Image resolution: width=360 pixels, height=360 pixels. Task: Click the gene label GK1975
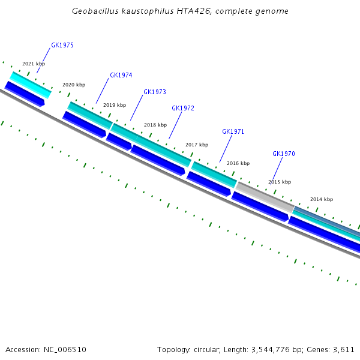62,46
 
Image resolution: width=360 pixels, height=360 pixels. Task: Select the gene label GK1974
121,76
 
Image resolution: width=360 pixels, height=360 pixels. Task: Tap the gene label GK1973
155,92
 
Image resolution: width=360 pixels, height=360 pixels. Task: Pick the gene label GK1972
183,109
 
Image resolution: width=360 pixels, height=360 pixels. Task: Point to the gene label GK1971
233,132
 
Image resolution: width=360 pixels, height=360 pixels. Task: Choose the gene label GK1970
284,154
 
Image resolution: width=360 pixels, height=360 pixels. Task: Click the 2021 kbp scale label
34,64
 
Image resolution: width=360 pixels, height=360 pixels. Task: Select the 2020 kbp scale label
74,85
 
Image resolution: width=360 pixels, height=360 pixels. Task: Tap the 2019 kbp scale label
115,105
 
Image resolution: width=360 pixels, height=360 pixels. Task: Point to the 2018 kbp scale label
155,125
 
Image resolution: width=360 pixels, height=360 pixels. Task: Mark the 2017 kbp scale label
197,145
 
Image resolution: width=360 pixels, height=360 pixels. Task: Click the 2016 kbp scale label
238,163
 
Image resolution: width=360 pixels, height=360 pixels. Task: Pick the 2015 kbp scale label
280,182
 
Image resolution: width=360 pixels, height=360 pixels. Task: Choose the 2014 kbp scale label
322,199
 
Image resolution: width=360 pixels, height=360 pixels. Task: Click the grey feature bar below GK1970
265,197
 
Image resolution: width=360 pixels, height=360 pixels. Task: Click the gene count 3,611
343,349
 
